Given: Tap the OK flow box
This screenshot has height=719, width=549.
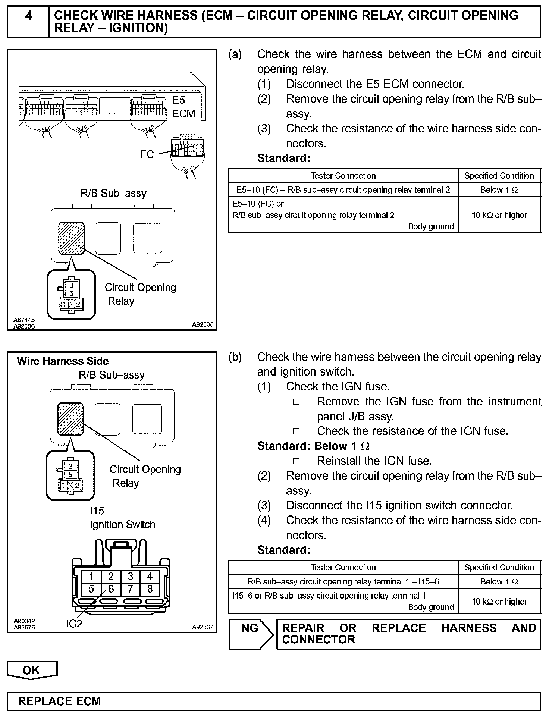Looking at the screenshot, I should click(32, 670).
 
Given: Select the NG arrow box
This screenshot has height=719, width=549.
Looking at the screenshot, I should click(251, 634).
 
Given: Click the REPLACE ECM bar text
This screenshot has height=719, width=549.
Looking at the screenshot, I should click(59, 701).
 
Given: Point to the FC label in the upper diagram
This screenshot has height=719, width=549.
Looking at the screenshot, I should click(147, 154).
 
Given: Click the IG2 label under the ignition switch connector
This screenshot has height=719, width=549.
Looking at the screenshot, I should click(74, 623).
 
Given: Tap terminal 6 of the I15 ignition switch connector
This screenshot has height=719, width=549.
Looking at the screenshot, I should click(111, 589).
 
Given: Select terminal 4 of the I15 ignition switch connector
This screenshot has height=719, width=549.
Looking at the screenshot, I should click(150, 577).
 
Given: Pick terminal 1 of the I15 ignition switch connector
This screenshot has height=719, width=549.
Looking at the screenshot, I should click(91, 577).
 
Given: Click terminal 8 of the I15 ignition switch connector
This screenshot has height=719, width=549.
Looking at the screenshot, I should click(150, 589).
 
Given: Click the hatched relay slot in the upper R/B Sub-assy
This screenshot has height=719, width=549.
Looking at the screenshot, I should click(71, 238).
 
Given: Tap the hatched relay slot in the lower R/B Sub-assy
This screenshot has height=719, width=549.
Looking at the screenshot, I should click(70, 419).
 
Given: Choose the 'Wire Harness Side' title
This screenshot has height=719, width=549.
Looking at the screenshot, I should click(63, 361).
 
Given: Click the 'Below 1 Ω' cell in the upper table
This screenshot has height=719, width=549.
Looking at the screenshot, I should click(499, 190).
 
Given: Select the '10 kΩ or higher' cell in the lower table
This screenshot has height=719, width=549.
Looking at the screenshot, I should click(499, 601).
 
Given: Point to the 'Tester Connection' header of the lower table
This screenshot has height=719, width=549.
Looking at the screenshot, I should click(343, 567).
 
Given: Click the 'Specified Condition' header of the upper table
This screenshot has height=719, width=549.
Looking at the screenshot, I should click(499, 176).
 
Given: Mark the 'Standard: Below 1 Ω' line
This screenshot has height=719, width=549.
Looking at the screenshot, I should click(313, 446).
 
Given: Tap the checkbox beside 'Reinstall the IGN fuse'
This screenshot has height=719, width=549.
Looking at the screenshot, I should click(297, 461).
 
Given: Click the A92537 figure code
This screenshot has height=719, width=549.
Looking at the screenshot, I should click(203, 627).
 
